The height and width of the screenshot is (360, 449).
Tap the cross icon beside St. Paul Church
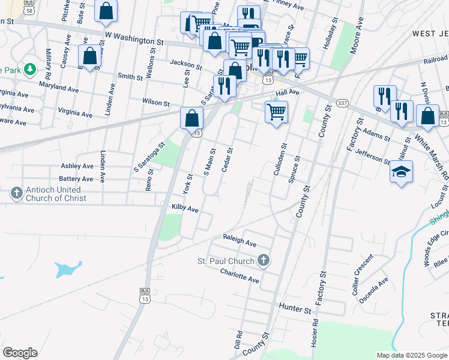point(263,260)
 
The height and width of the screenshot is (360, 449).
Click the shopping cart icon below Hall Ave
point(276,111)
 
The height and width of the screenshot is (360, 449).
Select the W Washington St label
point(134,38)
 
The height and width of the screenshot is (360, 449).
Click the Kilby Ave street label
point(185,208)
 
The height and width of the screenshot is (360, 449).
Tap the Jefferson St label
point(373,157)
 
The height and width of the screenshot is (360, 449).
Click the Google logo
point(20,352)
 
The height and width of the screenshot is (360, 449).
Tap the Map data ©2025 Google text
point(411,355)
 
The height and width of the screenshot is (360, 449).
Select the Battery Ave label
point(76,179)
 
